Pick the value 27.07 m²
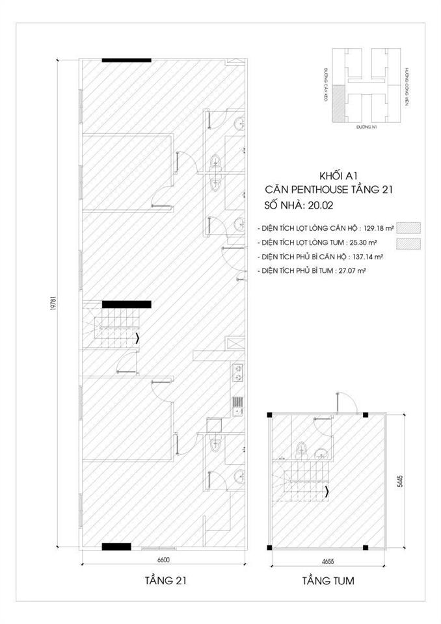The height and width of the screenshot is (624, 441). (x=347, y=270)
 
